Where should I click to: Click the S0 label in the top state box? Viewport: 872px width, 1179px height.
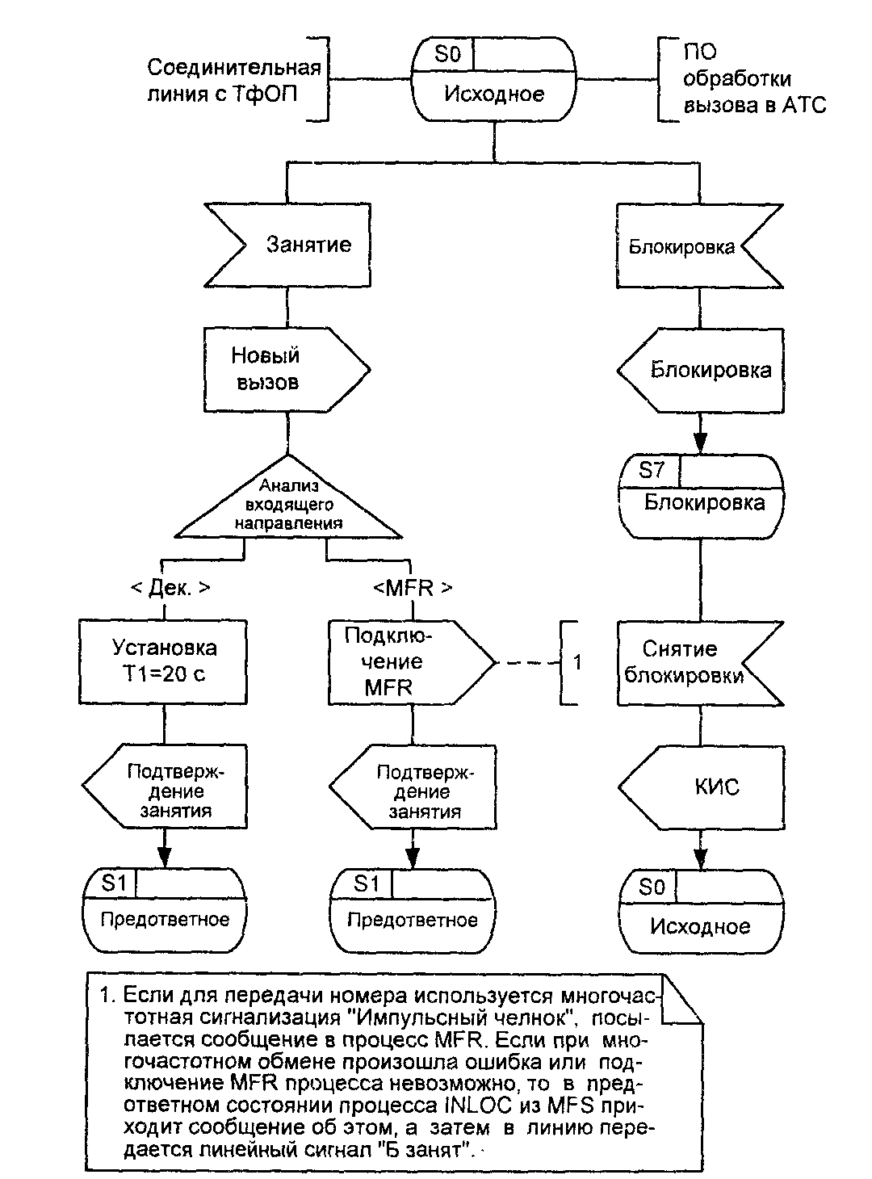click(x=447, y=53)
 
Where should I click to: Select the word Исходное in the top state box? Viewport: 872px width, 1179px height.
click(x=494, y=94)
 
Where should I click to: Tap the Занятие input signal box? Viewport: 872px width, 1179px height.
click(x=287, y=245)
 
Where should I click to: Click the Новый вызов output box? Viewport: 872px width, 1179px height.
click(x=287, y=369)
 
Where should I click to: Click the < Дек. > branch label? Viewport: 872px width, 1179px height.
click(x=170, y=588)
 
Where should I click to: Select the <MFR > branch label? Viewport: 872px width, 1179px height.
click(x=413, y=588)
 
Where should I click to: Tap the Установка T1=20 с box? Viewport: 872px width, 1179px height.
click(x=163, y=662)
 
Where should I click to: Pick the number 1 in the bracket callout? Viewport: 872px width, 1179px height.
click(x=577, y=662)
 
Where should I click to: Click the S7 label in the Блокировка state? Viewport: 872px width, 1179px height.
click(x=652, y=470)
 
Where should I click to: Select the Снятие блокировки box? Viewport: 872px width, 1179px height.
click(x=700, y=663)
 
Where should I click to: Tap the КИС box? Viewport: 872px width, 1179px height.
click(x=702, y=788)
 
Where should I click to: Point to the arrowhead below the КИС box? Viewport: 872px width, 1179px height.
click(x=701, y=858)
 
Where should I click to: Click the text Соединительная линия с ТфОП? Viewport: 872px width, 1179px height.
click(x=234, y=81)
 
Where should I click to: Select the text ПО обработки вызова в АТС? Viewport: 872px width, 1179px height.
click(x=755, y=78)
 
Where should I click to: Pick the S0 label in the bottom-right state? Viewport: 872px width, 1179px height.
click(x=652, y=887)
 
